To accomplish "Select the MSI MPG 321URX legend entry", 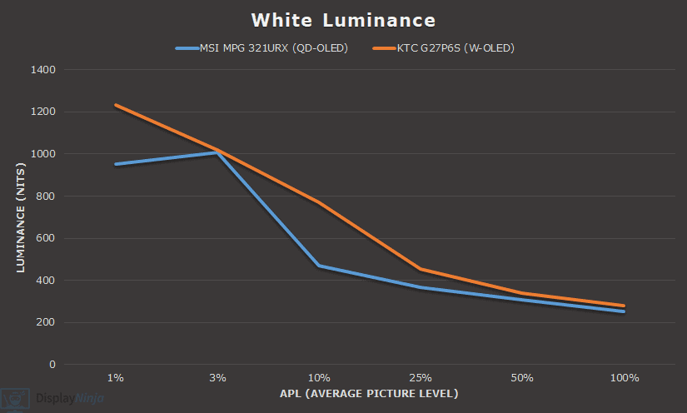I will (x=261, y=48).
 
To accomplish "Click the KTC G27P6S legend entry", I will (x=445, y=48).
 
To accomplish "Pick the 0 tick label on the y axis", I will (x=52, y=365).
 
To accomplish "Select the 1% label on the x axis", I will (x=116, y=378).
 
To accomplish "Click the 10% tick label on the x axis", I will (x=319, y=378).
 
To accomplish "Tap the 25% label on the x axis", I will (x=421, y=378).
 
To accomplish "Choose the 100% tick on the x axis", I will (x=624, y=378).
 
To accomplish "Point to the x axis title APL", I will (x=369, y=393).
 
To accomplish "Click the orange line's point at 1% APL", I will (x=116, y=105).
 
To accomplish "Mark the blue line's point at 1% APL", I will (x=116, y=164).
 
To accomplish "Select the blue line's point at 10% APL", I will (x=319, y=266).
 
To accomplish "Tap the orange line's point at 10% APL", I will (x=319, y=202).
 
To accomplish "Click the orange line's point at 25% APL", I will (x=421, y=269).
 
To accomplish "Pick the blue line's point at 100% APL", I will (x=624, y=311).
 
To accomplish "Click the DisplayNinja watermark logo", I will (x=58, y=399).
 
